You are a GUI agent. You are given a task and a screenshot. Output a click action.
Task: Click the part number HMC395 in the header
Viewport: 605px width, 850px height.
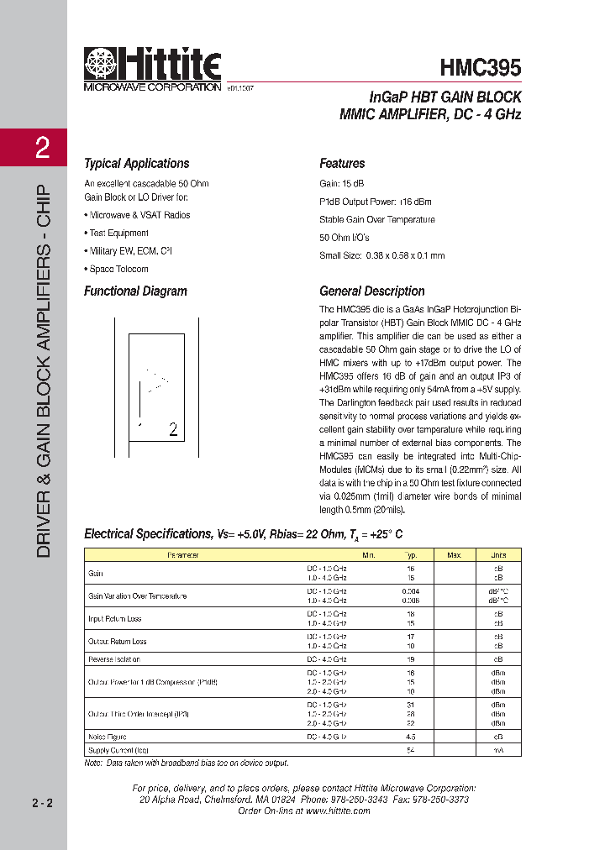(x=481, y=68)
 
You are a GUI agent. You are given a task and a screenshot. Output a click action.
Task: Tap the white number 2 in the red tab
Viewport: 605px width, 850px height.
(x=42, y=150)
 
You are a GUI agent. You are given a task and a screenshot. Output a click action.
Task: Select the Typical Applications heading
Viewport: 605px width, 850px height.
(x=136, y=164)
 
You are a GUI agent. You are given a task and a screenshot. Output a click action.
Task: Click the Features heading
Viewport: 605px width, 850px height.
(x=342, y=164)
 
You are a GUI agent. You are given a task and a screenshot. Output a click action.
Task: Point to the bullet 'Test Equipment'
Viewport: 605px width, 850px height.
(x=118, y=233)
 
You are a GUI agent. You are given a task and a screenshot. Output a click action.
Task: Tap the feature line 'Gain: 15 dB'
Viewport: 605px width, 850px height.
(x=342, y=183)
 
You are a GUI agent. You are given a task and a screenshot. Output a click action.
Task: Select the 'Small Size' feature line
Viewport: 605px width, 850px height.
(x=381, y=255)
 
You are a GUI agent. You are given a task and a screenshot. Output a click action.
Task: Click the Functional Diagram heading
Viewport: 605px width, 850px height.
(x=135, y=291)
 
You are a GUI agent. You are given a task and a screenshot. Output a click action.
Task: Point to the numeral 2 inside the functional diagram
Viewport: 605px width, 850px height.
(x=173, y=430)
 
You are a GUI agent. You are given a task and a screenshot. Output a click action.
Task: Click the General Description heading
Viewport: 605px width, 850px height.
(x=372, y=291)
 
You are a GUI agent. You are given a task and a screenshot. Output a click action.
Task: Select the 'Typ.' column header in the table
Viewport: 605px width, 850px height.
(x=411, y=555)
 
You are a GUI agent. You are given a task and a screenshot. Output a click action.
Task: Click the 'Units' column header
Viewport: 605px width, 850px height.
(x=498, y=555)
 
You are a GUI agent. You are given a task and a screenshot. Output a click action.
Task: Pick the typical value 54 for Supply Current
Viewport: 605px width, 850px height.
(x=411, y=749)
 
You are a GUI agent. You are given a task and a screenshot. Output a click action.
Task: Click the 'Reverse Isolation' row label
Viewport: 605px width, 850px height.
(x=114, y=659)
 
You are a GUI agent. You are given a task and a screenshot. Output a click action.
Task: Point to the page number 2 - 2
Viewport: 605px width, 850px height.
(x=42, y=804)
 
